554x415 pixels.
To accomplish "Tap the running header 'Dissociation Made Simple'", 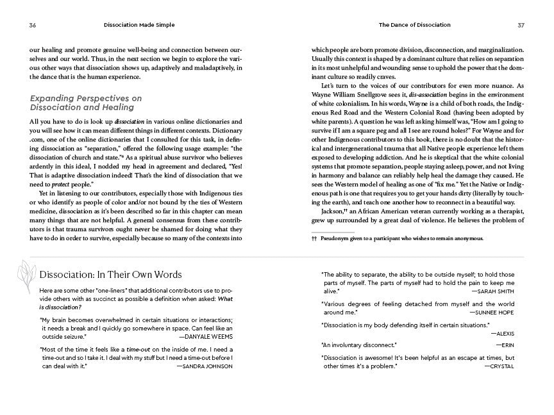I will click(139, 25).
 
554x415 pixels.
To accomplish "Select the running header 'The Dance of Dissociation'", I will click(414, 25).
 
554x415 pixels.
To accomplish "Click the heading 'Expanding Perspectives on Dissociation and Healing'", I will click(85, 103).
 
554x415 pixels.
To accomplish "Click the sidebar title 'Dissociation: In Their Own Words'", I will click(110, 275).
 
